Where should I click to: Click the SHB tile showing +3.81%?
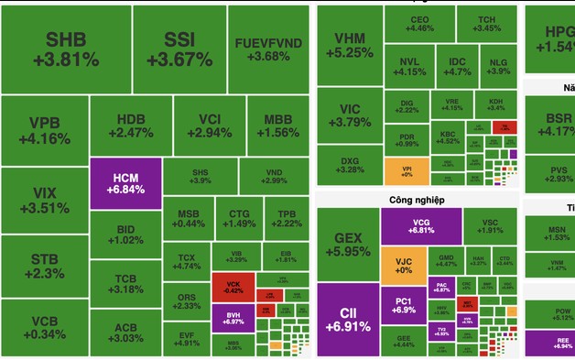(x=65, y=49)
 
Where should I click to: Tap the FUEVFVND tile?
(x=268, y=49)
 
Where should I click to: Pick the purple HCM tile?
(x=125, y=181)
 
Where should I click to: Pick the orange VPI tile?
(x=407, y=171)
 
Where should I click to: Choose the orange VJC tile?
(x=403, y=265)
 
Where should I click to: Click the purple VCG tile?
(x=421, y=226)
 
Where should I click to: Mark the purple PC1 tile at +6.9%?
(x=403, y=306)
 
